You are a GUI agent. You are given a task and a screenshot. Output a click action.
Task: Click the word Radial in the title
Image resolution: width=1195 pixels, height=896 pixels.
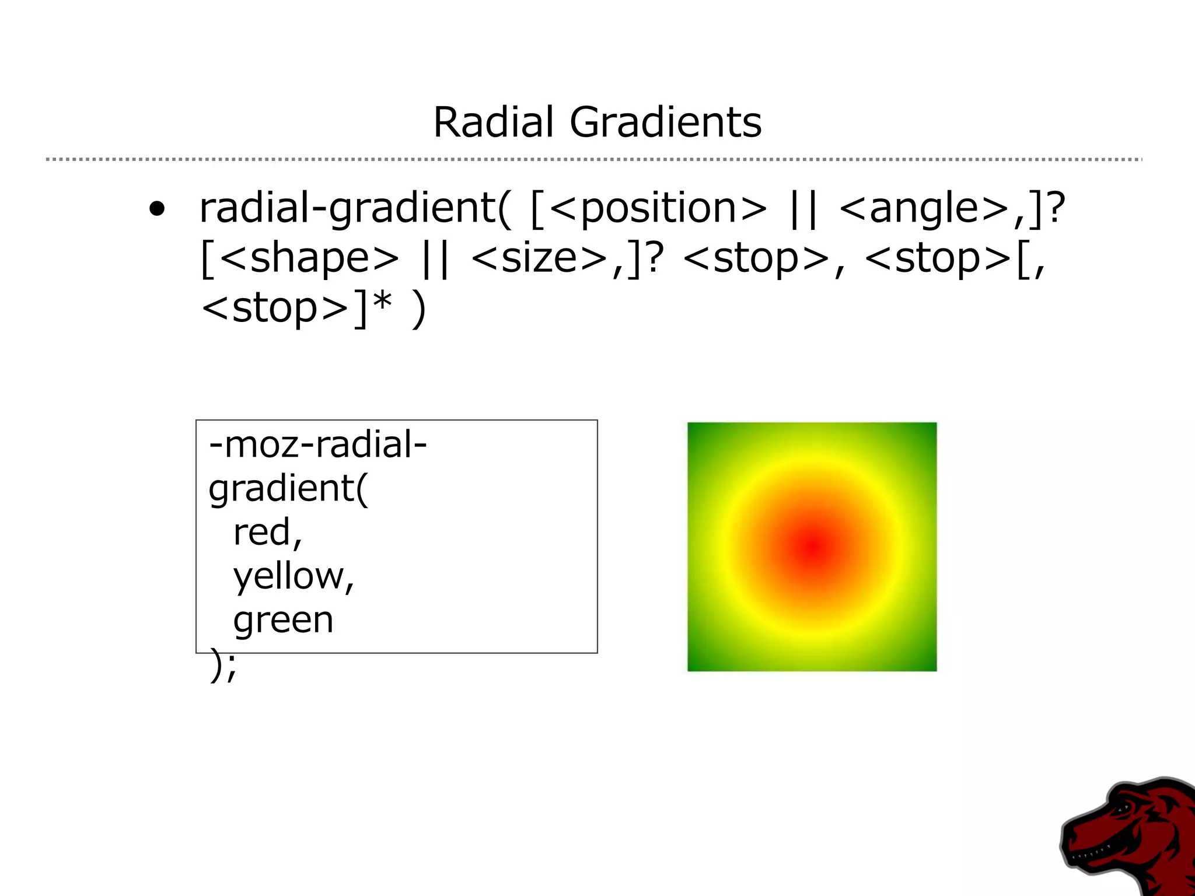click(x=493, y=123)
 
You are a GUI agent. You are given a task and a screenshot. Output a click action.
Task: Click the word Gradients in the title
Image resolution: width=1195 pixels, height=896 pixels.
click(x=665, y=123)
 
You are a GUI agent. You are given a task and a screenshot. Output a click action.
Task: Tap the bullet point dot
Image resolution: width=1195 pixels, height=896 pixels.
click(x=156, y=208)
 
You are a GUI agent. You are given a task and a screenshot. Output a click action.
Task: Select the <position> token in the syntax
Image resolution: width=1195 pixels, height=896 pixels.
click(x=658, y=209)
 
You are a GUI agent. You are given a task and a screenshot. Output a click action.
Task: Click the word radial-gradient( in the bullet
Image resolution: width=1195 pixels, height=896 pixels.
click(x=355, y=209)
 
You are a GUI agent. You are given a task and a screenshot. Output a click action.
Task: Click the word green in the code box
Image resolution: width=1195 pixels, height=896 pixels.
click(x=283, y=619)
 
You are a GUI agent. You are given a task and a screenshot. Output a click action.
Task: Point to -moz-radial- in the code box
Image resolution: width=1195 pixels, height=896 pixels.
click(x=318, y=445)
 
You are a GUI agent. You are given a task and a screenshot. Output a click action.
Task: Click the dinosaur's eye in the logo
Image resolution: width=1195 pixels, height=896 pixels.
click(x=1121, y=808)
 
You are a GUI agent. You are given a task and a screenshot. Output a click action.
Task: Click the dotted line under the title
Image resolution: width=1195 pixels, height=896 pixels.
click(x=593, y=159)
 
